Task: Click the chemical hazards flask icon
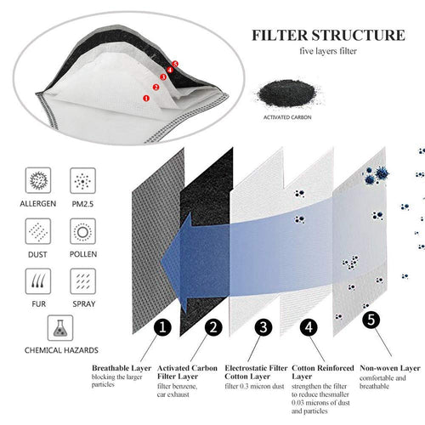coord(61,327)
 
